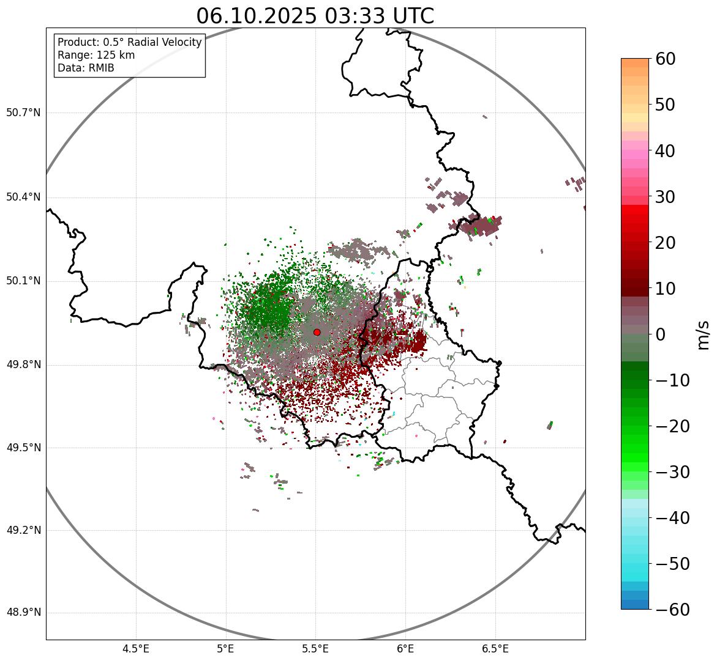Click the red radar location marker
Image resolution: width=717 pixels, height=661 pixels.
pyautogui.click(x=317, y=332)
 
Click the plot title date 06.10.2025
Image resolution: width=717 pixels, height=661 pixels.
pyautogui.click(x=256, y=16)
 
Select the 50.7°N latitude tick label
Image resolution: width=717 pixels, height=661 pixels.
pyautogui.click(x=23, y=113)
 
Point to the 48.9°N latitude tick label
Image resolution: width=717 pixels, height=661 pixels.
pyautogui.click(x=23, y=613)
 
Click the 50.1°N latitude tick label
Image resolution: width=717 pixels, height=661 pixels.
pyautogui.click(x=23, y=281)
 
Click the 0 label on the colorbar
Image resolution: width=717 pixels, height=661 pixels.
pyautogui.click(x=661, y=334)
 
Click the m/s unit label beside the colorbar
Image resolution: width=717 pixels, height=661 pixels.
pyautogui.click(x=704, y=334)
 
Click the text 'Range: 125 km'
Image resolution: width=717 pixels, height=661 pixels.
pyautogui.click(x=96, y=55)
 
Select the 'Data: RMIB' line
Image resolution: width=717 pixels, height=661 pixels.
pyautogui.click(x=86, y=68)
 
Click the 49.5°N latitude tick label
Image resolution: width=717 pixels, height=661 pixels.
pyautogui.click(x=23, y=448)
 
